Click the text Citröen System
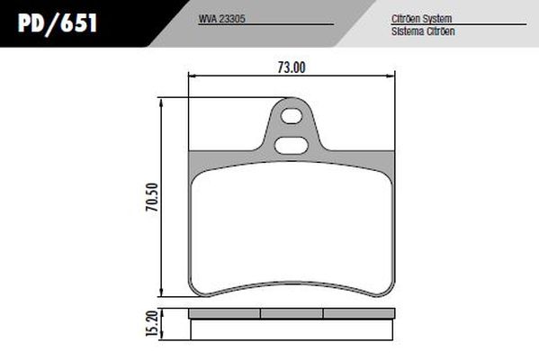(x=422, y=19)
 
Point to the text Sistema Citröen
(x=422, y=30)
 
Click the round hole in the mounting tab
(x=290, y=114)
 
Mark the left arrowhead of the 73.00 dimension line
(x=188, y=79)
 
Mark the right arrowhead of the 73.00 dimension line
(x=393, y=79)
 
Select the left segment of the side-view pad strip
(x=227, y=314)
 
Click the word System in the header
(x=437, y=19)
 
